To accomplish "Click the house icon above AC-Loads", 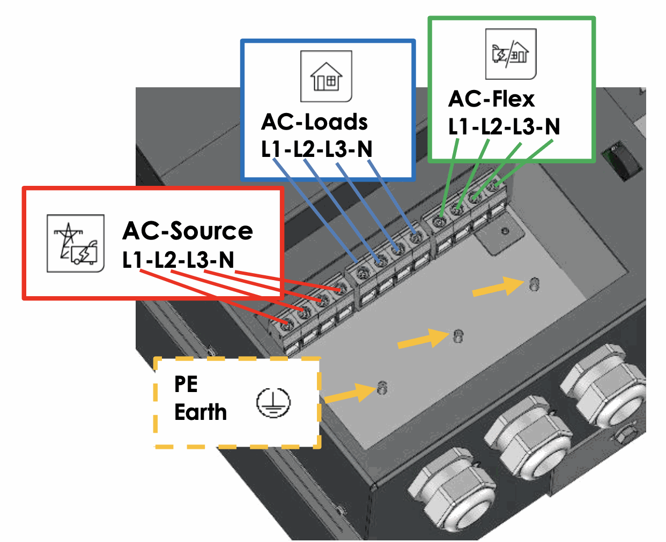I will click(x=326, y=76).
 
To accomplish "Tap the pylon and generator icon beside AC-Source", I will click(x=76, y=243).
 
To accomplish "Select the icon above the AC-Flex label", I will click(x=510, y=54).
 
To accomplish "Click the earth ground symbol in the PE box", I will click(x=273, y=403).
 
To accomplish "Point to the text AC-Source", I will click(x=188, y=231).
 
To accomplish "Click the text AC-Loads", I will click(x=314, y=122).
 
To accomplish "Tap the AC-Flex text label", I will click(x=491, y=99).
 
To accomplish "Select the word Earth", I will click(x=201, y=412).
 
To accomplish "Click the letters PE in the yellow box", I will click(x=186, y=384).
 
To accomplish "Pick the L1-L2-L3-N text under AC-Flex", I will click(x=504, y=127).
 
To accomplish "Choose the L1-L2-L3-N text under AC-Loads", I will click(x=316, y=149).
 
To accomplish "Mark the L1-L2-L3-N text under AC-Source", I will click(x=178, y=260).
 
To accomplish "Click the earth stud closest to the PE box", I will click(x=382, y=387).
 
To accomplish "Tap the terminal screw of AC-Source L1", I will click(x=287, y=323).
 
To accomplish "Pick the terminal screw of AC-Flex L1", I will click(x=441, y=221).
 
